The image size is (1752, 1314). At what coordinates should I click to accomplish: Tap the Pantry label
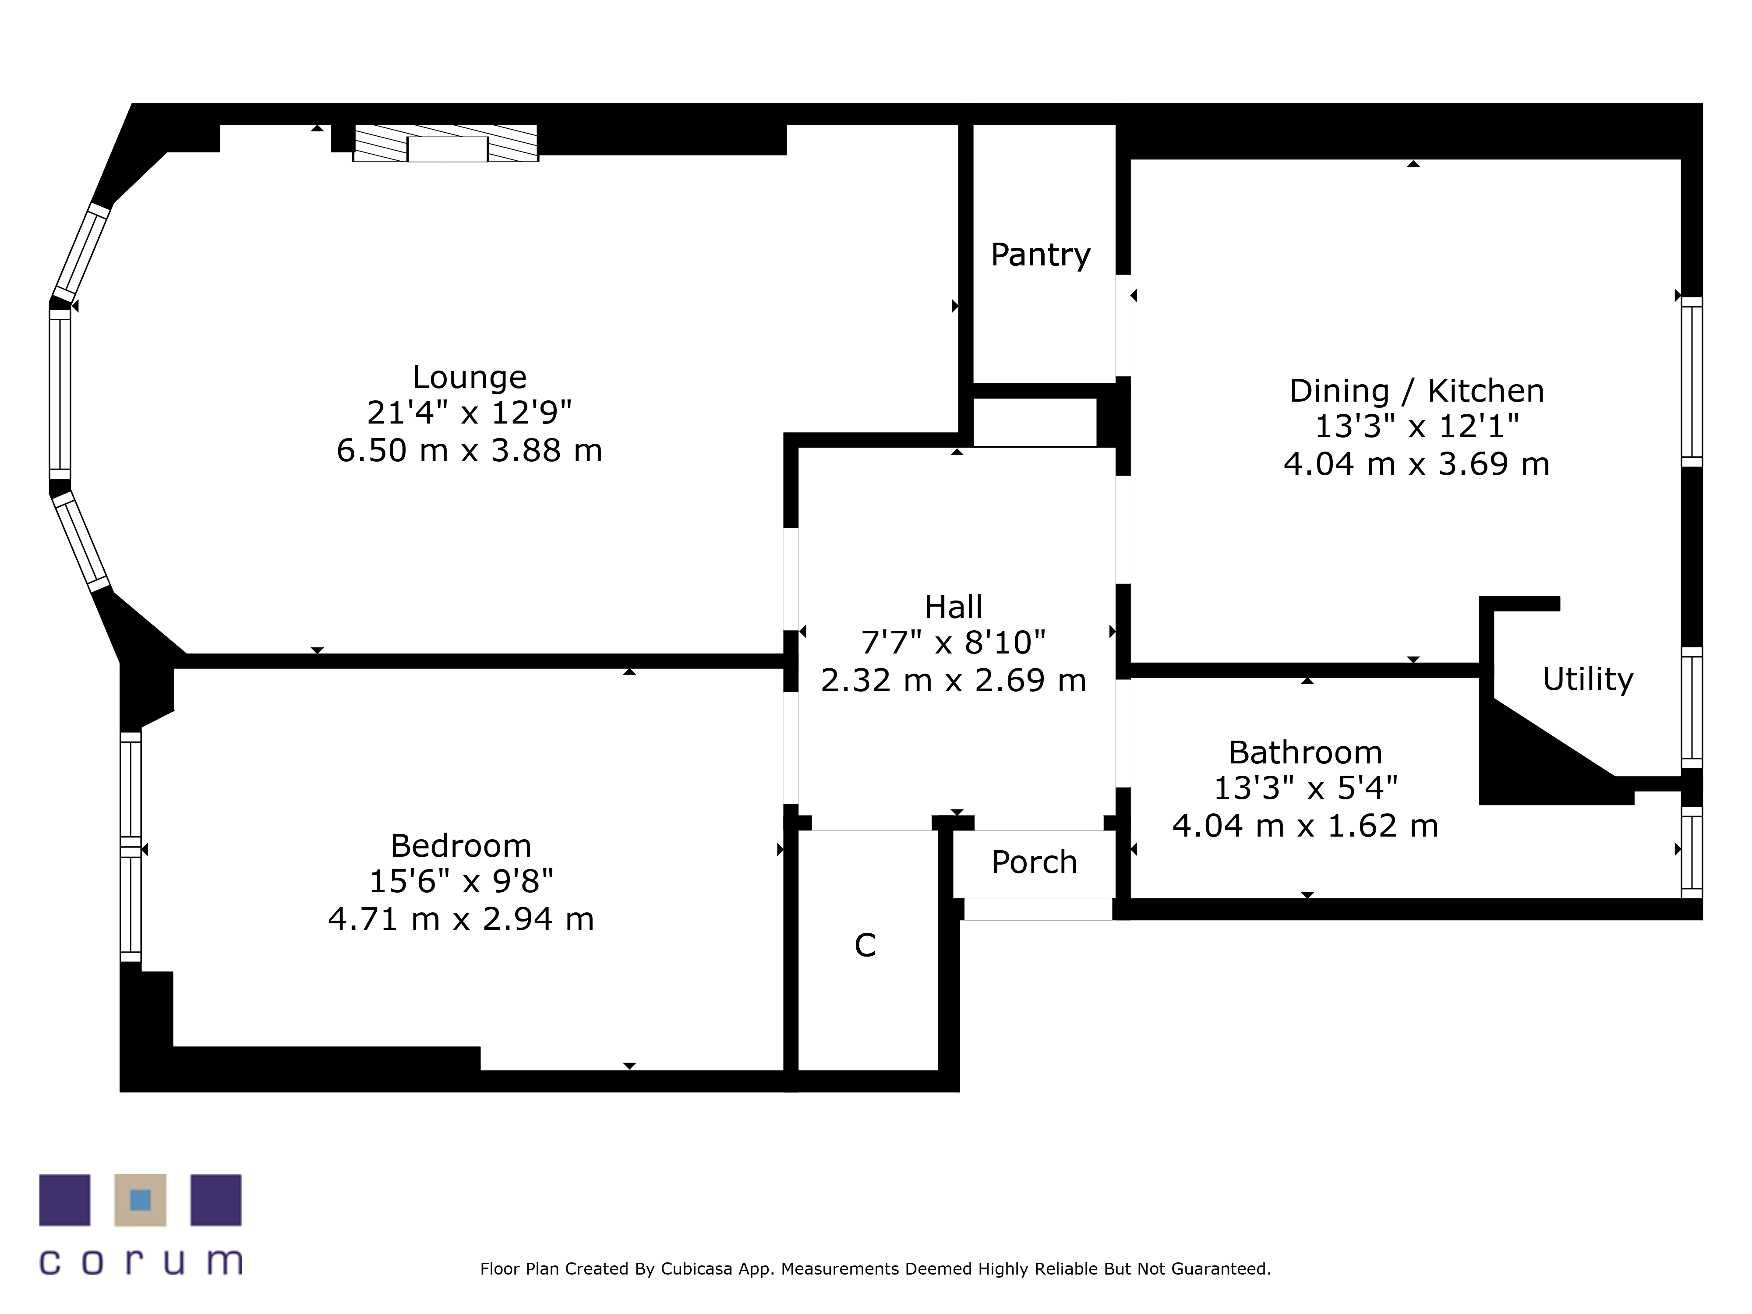tap(1041, 254)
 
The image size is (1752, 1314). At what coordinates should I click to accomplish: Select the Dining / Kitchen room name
tap(1417, 391)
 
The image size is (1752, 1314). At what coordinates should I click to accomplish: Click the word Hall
tap(954, 607)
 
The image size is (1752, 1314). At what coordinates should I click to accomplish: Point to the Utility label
tap(1588, 679)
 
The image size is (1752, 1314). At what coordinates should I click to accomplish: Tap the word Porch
tap(1035, 862)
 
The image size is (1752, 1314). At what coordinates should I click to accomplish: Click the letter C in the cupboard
tap(865, 944)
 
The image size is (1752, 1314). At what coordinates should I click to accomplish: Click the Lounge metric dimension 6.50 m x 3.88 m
tap(470, 450)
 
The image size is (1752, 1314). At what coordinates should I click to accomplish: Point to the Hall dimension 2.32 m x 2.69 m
tap(954, 680)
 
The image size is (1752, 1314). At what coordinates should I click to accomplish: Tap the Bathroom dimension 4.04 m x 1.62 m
tap(1305, 825)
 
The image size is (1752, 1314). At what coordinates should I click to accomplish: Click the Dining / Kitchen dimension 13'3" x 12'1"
tap(1417, 426)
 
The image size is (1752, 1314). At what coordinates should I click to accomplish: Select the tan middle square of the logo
tap(140, 1200)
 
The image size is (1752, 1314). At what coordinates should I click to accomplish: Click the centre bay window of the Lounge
tap(60, 394)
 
